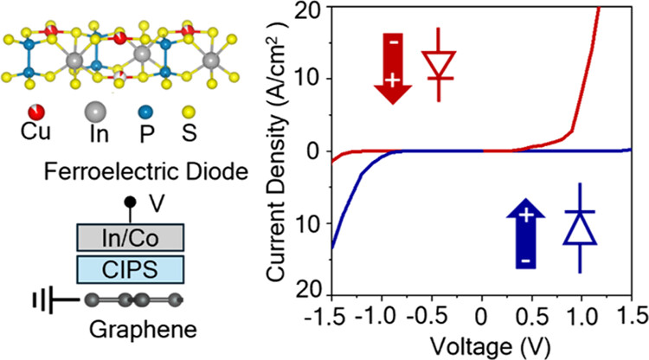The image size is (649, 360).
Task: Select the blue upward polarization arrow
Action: pos(524,232)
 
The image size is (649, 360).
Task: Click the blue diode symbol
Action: pos(578,228)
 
